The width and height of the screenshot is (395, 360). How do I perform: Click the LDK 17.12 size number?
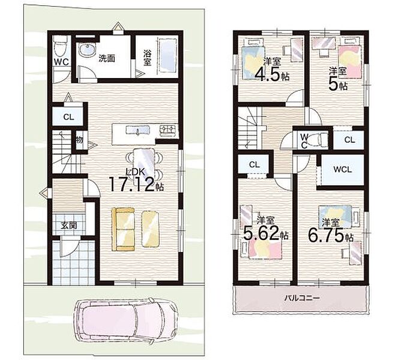click(x=131, y=185)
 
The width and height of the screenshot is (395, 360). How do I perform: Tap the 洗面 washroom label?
click(x=107, y=58)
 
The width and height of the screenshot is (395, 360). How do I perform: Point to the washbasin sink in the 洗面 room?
click(x=87, y=50)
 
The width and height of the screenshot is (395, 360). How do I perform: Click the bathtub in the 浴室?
click(x=167, y=55)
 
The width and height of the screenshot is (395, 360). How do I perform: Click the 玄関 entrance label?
click(x=69, y=225)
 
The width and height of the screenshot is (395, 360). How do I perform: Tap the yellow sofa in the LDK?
click(x=123, y=229)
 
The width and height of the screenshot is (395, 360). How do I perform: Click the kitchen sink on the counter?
click(x=138, y=130)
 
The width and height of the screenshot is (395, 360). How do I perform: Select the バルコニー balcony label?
click(x=302, y=299)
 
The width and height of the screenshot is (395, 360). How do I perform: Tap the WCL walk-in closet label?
click(x=342, y=169)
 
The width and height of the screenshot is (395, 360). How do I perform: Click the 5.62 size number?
click(x=261, y=233)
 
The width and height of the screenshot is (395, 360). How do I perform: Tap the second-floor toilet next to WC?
click(x=319, y=139)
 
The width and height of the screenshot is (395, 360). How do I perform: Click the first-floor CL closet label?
click(x=68, y=117)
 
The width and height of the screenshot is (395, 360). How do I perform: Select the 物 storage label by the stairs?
click(x=79, y=140)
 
